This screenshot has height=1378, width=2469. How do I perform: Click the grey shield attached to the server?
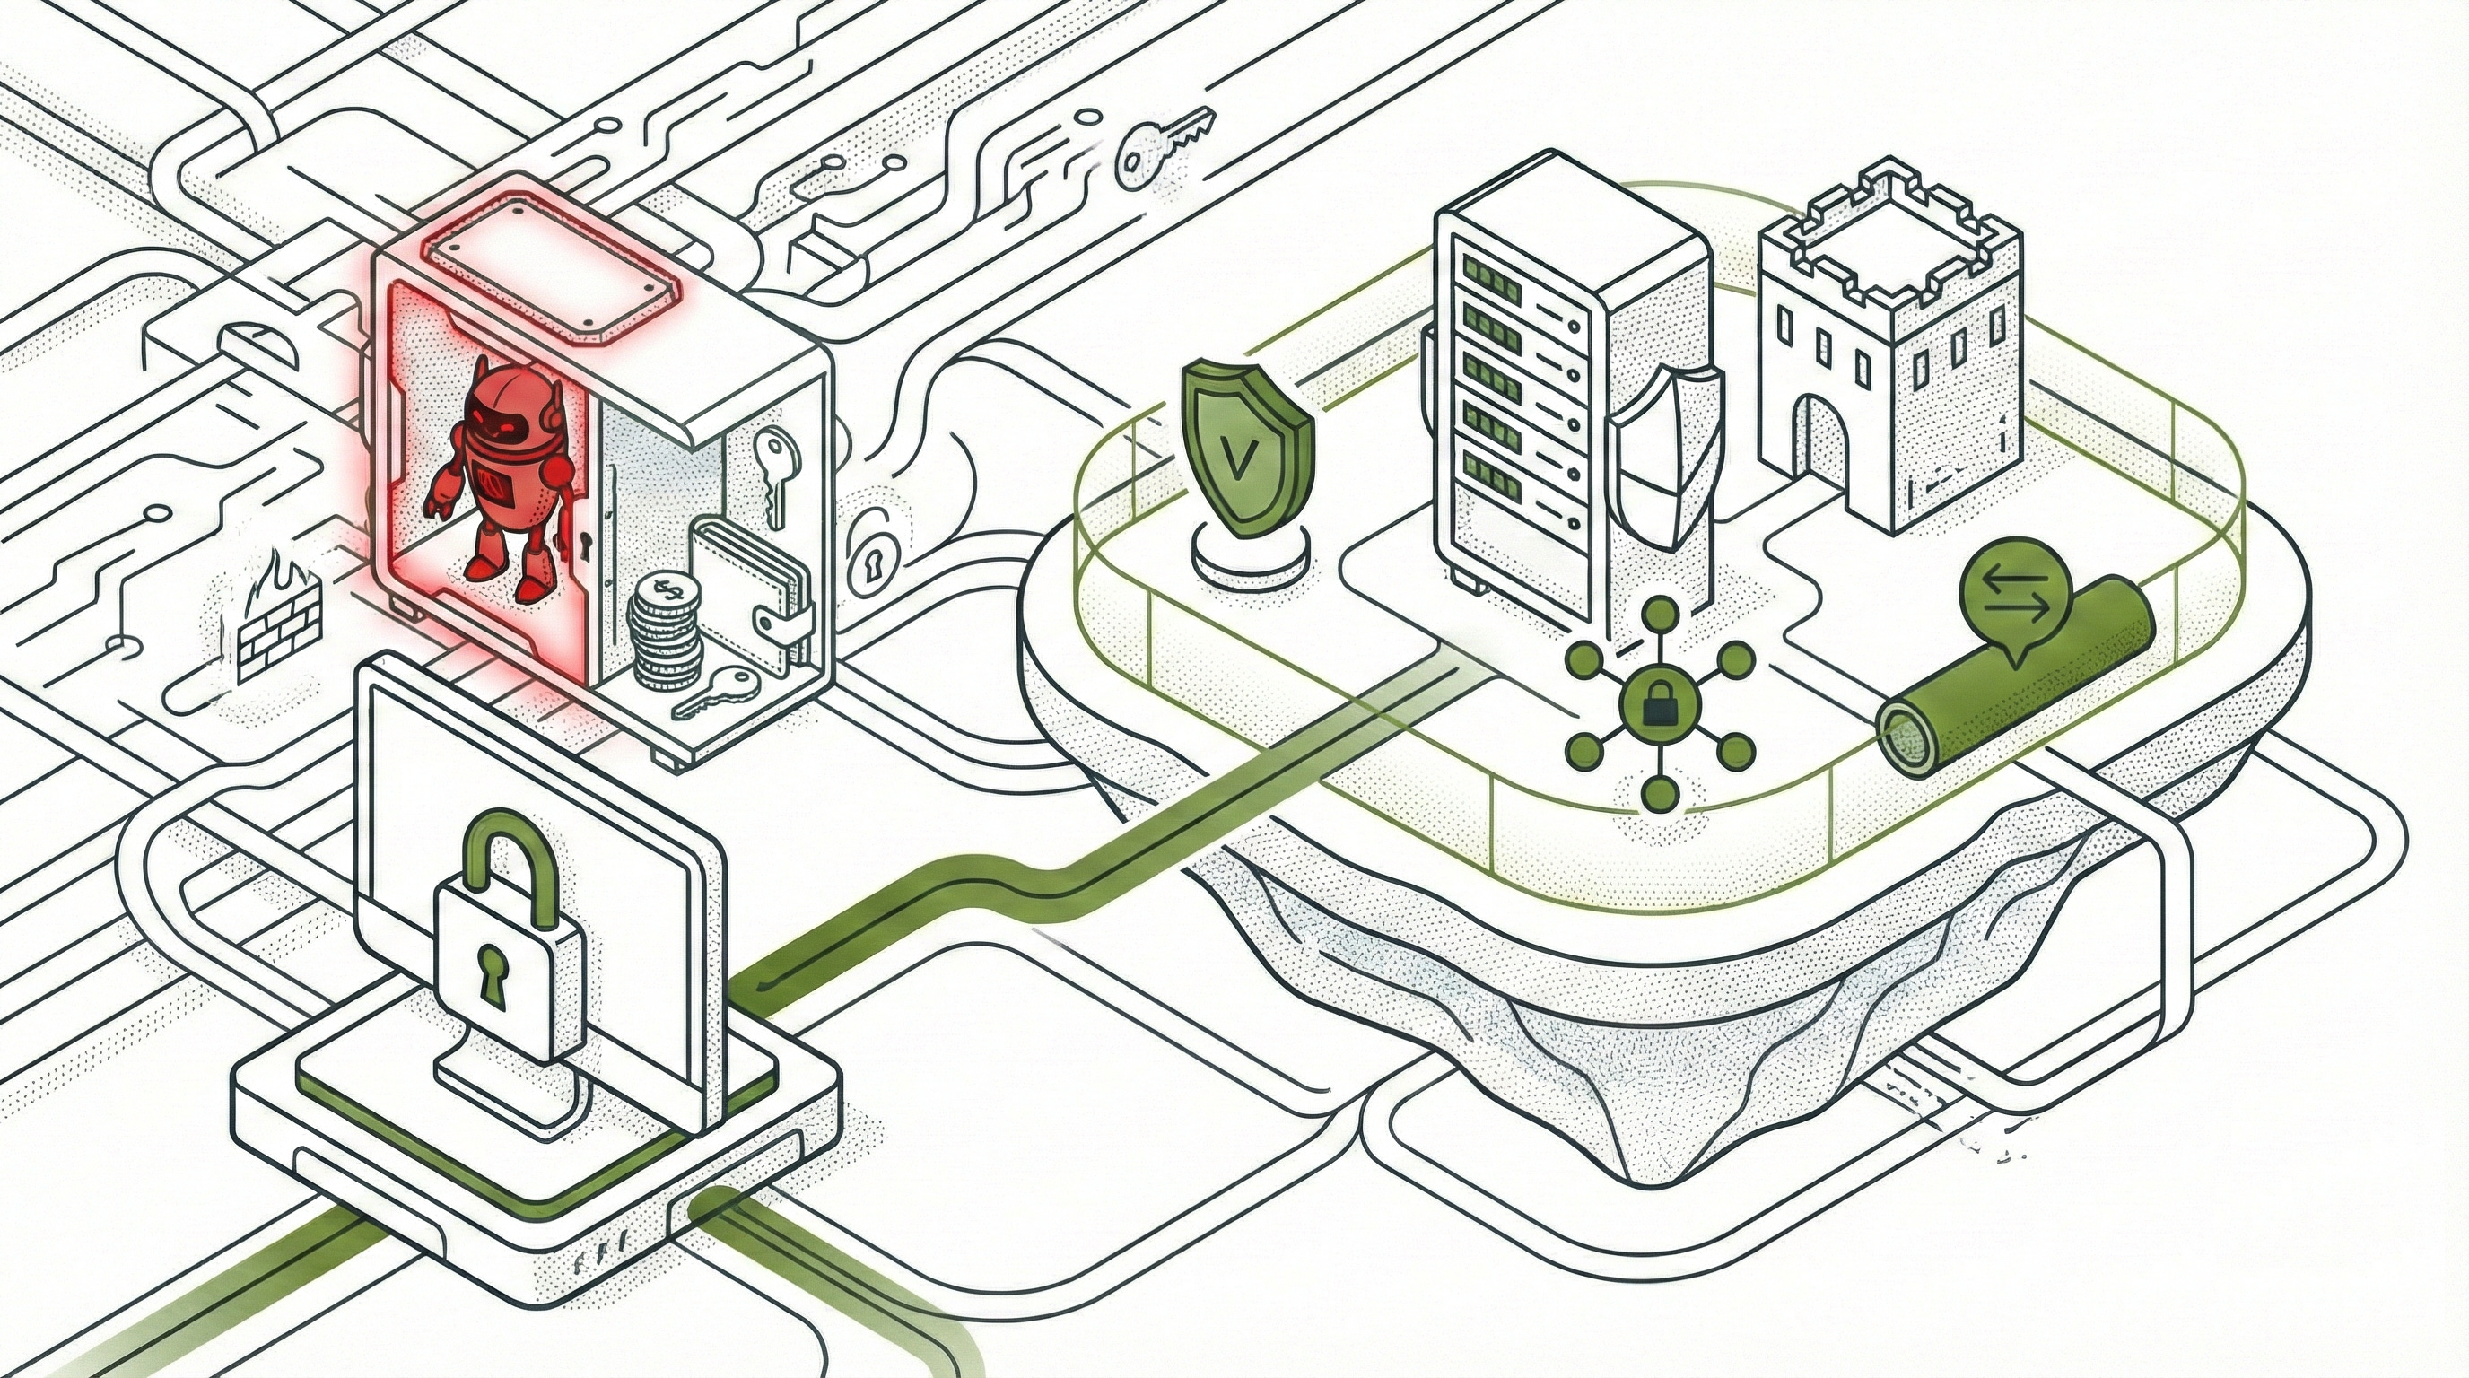point(1663,470)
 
